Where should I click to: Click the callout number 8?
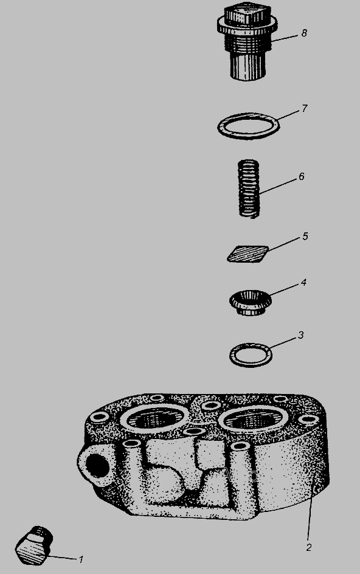coord(304,33)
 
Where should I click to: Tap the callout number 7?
coord(304,109)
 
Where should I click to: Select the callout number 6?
coord(301,177)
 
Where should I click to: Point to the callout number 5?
coord(305,237)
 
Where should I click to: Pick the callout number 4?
coord(303,283)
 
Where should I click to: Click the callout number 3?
coord(300,335)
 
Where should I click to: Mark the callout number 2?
coord(309,548)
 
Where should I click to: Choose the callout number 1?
coord(81,559)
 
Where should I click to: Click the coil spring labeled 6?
coord(249,189)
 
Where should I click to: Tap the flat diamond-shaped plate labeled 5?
coord(248,254)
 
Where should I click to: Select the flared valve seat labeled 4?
coord(251,302)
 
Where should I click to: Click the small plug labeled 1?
coord(35,545)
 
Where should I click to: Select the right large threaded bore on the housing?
coord(255,419)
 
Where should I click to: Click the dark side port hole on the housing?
coord(96,466)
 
